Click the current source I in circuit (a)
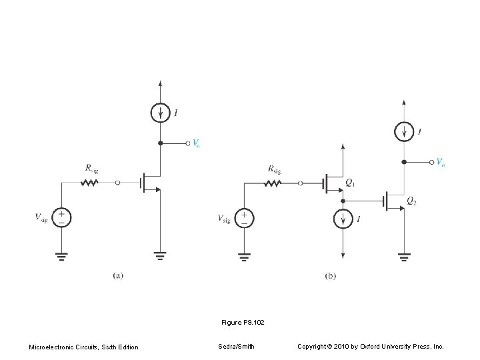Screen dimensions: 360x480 [x=160, y=113]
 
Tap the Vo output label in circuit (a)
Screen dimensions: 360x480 [x=196, y=143]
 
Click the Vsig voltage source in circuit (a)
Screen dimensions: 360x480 [x=61, y=217]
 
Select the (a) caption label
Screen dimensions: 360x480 [x=117, y=274]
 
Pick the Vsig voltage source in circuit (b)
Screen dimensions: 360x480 [x=245, y=217]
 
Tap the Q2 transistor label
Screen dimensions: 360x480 [x=412, y=201]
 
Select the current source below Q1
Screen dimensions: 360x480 [x=343, y=218]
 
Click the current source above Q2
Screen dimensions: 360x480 [x=404, y=131]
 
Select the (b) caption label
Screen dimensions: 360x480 [x=331, y=274]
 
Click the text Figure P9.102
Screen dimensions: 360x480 [x=243, y=323]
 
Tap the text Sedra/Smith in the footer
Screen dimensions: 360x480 [x=236, y=347]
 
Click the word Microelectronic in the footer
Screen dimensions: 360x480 [x=50, y=347]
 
